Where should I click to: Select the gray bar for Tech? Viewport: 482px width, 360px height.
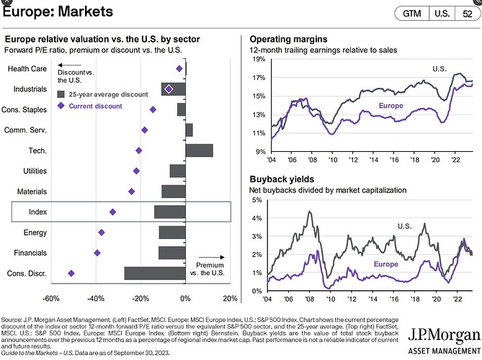click(x=200, y=150)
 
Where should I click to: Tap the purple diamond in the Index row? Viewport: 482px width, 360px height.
click(x=112, y=212)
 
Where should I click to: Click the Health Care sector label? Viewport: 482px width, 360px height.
click(x=27, y=68)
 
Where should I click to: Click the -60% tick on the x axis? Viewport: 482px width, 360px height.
click(x=51, y=298)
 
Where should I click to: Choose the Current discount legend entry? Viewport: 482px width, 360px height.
click(x=91, y=106)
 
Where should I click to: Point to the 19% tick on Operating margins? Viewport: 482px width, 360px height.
click(x=257, y=59)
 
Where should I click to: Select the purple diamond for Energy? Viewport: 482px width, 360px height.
click(x=102, y=233)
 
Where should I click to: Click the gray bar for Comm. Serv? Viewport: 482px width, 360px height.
click(x=189, y=130)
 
